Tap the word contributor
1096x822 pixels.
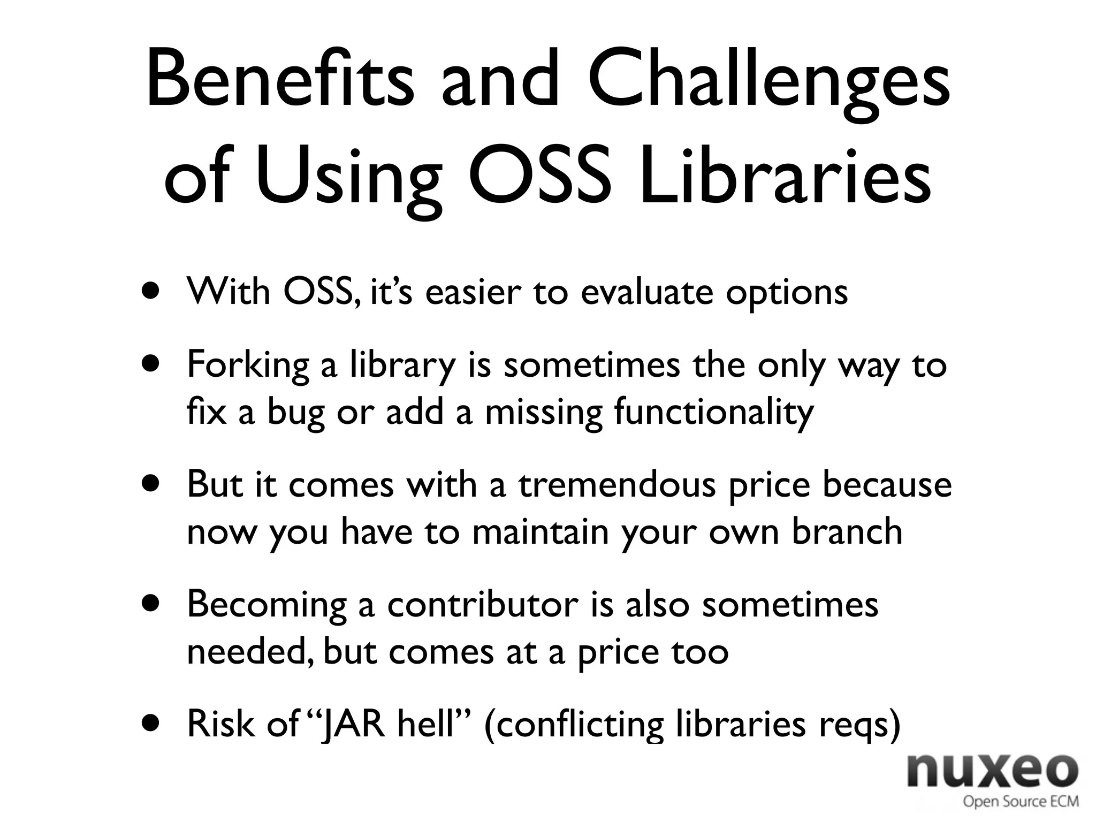(x=482, y=604)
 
